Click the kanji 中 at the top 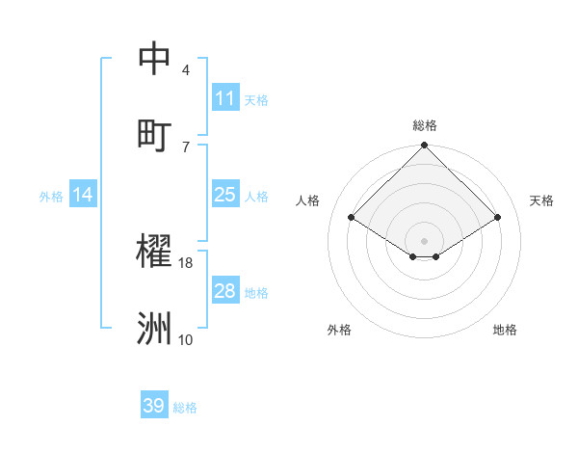click(154, 59)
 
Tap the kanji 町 click(154, 134)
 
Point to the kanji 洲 click(154, 328)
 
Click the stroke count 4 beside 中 click(186, 70)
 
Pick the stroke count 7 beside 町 click(186, 147)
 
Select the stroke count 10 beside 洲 click(186, 339)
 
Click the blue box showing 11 click(224, 98)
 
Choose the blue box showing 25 click(224, 195)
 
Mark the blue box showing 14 click(83, 195)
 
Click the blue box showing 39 click(154, 406)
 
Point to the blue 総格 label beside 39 click(185, 408)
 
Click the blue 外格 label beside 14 click(51, 197)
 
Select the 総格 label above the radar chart click(425, 125)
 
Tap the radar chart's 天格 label click(541, 200)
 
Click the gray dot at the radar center click(425, 240)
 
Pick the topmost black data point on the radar click(425, 147)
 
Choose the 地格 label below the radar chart click(505, 331)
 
